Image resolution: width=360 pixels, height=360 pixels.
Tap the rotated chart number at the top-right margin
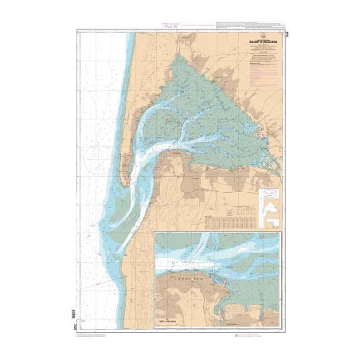[x=285, y=33]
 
